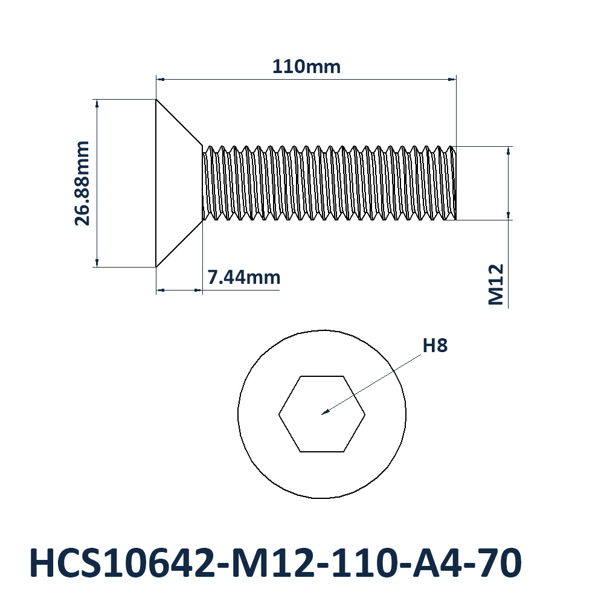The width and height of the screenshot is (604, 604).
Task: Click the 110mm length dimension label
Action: pos(306,66)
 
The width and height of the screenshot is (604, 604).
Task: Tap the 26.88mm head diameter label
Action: pos(82,183)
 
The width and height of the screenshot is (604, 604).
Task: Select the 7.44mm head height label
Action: pos(244,277)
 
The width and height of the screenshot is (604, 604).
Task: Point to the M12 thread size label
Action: pos(496,284)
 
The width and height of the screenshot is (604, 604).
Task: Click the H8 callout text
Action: pos(435,345)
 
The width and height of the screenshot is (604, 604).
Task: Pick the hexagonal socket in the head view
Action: pos(322,414)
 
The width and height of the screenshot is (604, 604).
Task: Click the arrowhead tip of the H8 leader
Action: pos(322,414)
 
